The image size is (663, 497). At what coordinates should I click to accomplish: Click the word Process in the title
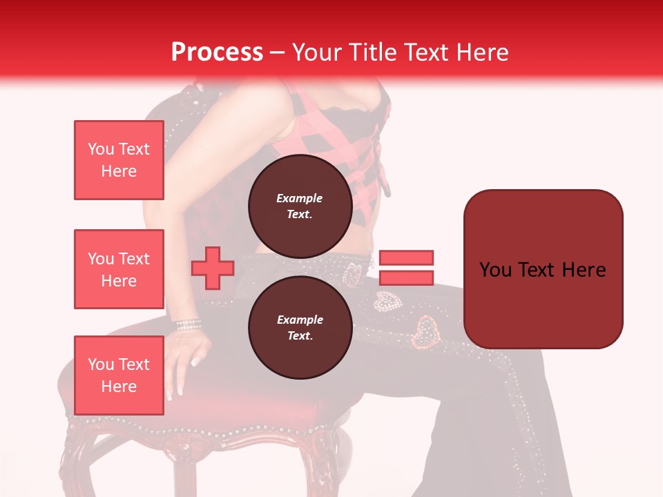click(217, 52)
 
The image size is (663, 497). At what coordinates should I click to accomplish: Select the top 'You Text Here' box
click(119, 160)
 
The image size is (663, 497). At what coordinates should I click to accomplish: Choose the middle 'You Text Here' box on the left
click(119, 269)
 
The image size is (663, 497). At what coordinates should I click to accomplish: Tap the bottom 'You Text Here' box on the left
click(119, 376)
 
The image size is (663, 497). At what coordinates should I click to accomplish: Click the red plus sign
click(213, 268)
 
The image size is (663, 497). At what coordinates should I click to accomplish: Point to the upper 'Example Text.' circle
click(299, 206)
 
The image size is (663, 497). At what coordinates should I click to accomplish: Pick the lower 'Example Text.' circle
click(299, 328)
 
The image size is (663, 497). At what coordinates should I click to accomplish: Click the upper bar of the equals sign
click(406, 257)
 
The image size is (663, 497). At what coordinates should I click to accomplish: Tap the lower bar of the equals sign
click(406, 277)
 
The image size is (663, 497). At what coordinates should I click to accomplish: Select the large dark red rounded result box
click(543, 269)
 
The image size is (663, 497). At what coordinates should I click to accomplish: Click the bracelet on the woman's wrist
click(188, 324)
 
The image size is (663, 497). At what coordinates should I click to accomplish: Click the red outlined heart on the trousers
click(425, 331)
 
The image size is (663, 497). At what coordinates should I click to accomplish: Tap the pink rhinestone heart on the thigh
click(386, 300)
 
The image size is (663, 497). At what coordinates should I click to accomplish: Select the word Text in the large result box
click(541, 269)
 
